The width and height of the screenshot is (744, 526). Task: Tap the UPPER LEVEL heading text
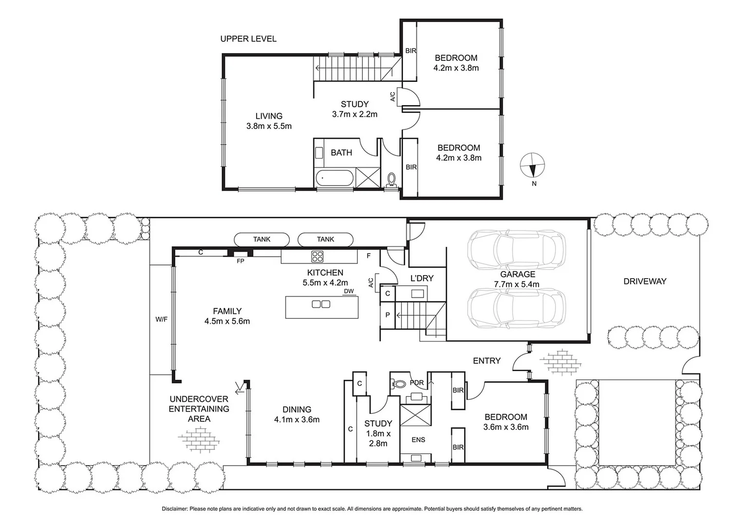click(x=248, y=39)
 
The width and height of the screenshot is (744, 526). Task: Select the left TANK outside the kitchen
click(x=261, y=239)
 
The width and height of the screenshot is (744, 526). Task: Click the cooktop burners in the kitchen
click(x=318, y=256)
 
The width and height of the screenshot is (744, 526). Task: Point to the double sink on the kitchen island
click(x=321, y=304)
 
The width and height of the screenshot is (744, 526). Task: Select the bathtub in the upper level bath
click(x=335, y=179)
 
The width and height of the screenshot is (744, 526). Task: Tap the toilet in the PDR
click(x=398, y=383)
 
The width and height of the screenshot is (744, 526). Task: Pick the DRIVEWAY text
click(x=645, y=281)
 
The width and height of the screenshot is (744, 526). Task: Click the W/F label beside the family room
click(x=161, y=319)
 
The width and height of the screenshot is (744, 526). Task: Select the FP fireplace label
click(x=240, y=261)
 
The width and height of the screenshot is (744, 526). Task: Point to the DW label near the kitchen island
click(x=349, y=291)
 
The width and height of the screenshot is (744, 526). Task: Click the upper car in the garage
click(x=516, y=249)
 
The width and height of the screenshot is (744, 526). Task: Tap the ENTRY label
click(x=486, y=361)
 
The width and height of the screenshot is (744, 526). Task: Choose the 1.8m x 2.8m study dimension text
click(x=378, y=438)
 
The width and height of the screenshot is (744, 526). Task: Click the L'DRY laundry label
click(x=422, y=278)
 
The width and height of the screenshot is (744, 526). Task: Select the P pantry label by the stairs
click(x=388, y=315)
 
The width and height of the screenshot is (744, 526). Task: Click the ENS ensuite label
click(x=418, y=440)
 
